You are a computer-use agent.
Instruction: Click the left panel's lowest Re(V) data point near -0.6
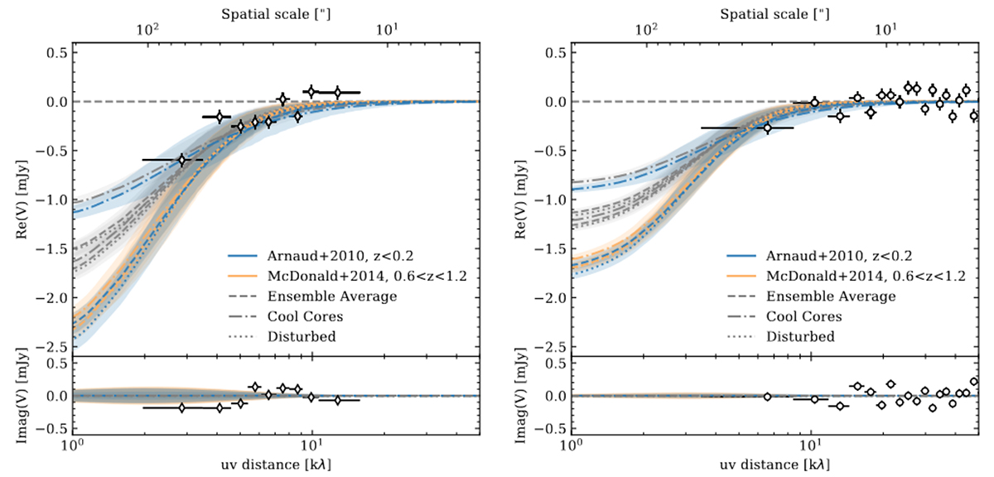coord(182,159)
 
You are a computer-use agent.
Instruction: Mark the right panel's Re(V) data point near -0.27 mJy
coord(767,128)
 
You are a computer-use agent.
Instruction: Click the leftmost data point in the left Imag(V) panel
coord(182,407)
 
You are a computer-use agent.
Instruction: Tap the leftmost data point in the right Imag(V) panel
coord(767,397)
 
